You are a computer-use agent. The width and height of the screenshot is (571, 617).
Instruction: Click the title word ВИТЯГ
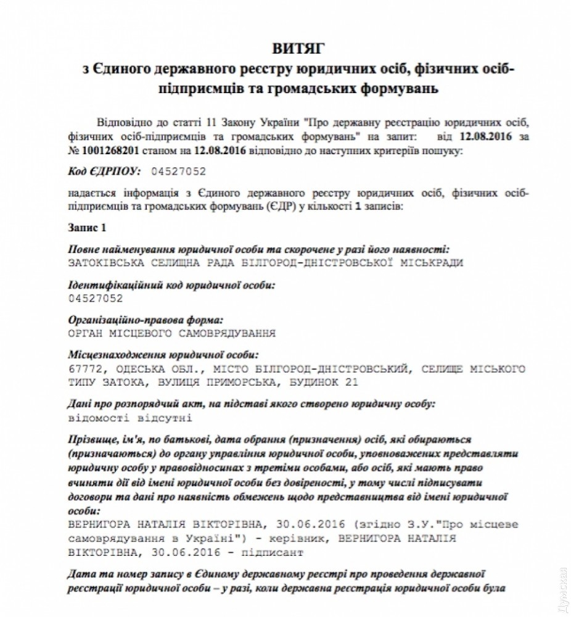pyautogui.click(x=297, y=48)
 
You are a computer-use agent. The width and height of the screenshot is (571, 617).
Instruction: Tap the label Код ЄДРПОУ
pyautogui.click(x=103, y=171)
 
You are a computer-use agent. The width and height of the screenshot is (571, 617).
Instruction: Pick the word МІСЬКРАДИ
pyautogui.click(x=435, y=262)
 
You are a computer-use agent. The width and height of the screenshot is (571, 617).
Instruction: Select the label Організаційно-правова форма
pyautogui.click(x=146, y=321)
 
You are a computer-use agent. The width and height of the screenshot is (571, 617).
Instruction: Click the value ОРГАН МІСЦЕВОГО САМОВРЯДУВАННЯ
pyautogui.click(x=172, y=334)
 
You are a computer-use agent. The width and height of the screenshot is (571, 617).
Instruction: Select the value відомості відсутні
pyautogui.click(x=131, y=418)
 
